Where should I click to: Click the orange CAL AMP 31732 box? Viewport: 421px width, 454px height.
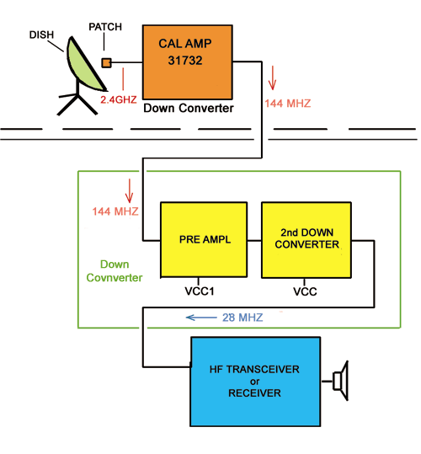pos(188,62)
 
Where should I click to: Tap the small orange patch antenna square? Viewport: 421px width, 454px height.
pos(106,63)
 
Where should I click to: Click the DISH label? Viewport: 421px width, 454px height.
pos(41,35)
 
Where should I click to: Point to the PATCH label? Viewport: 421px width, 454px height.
pos(105,27)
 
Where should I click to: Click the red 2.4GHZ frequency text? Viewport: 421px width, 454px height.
pos(119,99)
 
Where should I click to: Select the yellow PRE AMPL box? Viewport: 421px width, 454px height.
pos(204,240)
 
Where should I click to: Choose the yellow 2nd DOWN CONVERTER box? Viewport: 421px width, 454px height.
pos(306,240)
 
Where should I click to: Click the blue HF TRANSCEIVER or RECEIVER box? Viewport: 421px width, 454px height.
pos(255,382)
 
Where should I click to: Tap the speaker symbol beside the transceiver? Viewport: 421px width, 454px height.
pos(340,381)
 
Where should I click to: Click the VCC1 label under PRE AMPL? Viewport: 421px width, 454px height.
pos(200,291)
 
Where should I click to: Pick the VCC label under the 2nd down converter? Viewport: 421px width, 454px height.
pos(305,291)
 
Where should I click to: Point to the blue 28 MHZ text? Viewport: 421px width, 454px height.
pos(242,318)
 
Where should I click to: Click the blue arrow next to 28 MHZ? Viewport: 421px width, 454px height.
pos(201,318)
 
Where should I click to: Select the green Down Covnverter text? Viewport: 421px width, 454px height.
pos(115,271)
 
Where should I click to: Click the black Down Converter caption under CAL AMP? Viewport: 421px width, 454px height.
pos(189,108)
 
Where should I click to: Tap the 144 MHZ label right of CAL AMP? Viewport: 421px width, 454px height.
pos(288,104)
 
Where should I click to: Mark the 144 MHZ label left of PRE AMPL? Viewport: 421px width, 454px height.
pos(115,211)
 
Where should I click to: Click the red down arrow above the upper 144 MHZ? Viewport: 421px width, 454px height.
pos(272,77)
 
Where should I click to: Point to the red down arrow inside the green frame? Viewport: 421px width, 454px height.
pos(129,190)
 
